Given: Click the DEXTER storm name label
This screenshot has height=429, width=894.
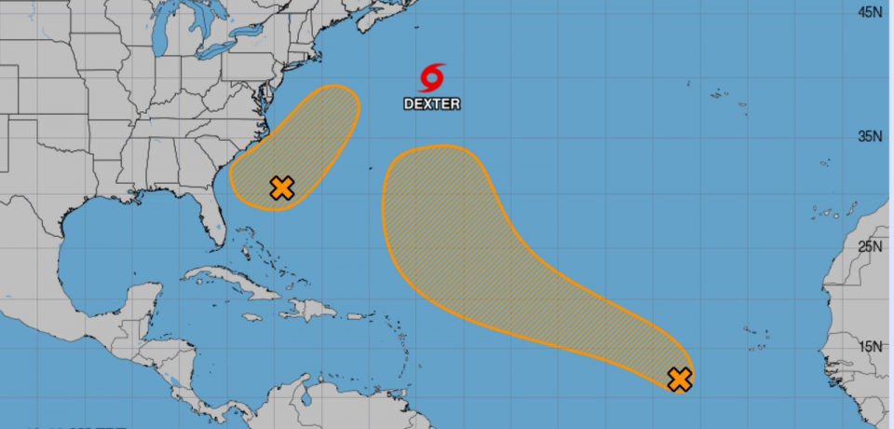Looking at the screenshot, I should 431,104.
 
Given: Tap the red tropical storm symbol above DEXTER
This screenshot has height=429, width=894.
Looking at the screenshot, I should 432,76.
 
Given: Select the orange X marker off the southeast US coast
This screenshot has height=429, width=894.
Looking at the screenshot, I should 281,188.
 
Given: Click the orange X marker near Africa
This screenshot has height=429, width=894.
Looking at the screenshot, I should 680,380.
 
